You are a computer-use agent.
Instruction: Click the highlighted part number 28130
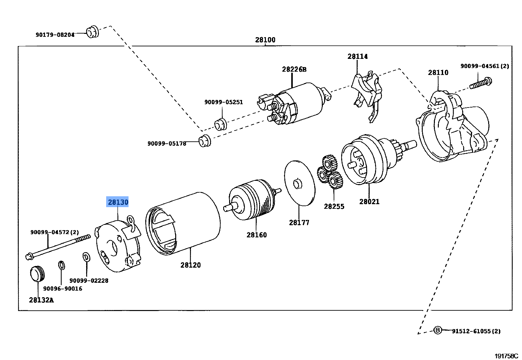click(118, 202)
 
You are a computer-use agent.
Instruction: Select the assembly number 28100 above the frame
click(265, 40)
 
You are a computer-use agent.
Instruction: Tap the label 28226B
click(294, 69)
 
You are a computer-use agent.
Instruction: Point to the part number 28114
click(357, 56)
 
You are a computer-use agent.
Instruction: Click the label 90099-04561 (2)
click(484, 66)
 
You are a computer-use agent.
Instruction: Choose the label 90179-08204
click(55, 35)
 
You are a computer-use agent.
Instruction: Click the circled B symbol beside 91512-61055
click(438, 330)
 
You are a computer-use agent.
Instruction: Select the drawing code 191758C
click(506, 356)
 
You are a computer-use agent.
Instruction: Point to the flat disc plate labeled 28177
click(299, 183)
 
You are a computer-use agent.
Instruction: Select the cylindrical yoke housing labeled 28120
click(183, 224)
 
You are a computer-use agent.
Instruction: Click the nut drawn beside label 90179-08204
click(92, 32)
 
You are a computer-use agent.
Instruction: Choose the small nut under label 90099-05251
click(220, 125)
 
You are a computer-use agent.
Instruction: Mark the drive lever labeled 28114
click(367, 94)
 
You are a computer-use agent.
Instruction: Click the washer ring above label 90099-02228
click(86, 257)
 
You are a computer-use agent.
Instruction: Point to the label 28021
click(369, 202)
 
